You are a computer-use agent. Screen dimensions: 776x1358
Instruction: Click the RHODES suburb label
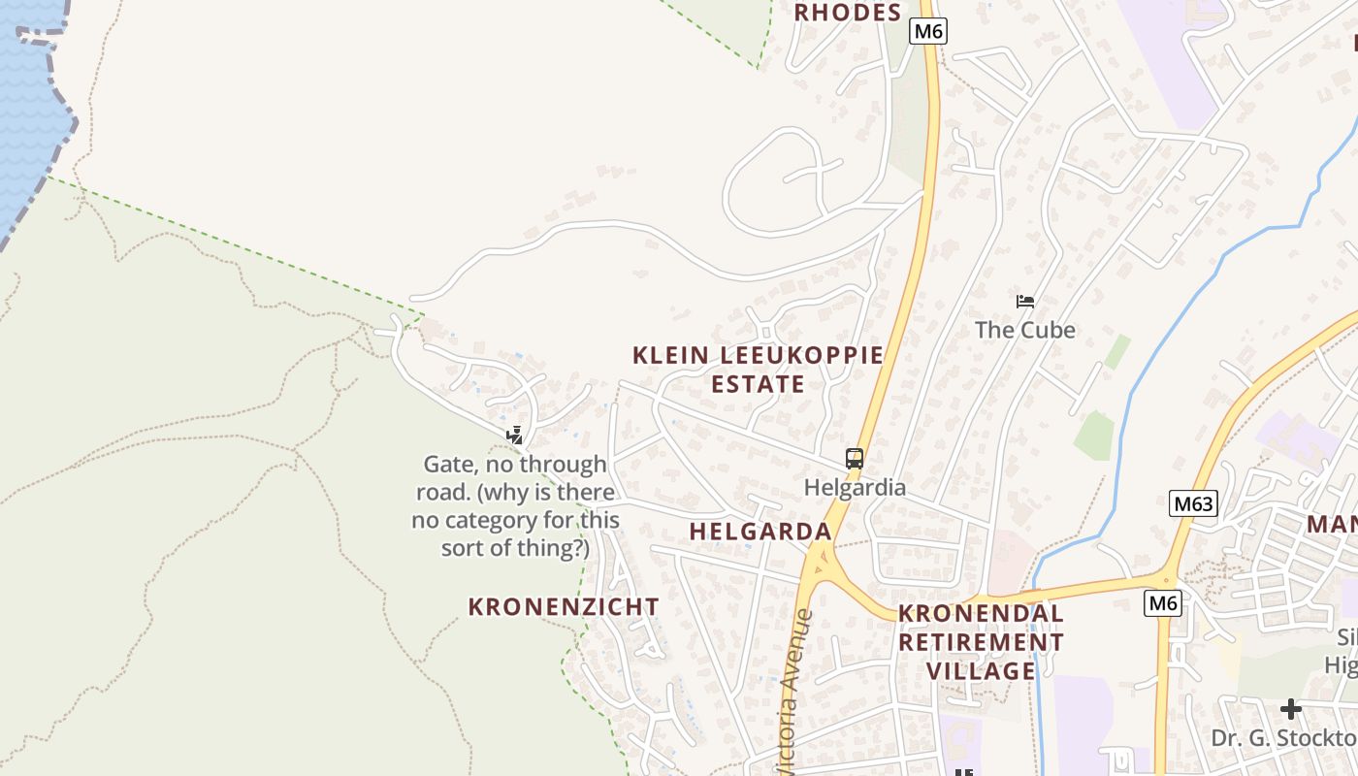point(848,13)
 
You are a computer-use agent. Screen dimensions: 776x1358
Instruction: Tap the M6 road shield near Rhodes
point(927,31)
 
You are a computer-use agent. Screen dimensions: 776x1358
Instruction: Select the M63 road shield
point(1192,503)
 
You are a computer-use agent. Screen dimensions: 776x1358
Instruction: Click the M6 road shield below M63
point(1162,603)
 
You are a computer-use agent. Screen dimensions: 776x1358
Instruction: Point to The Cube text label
point(1024,330)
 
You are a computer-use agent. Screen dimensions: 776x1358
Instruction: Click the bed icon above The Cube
point(1024,302)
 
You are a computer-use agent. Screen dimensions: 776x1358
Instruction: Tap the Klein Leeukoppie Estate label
point(758,370)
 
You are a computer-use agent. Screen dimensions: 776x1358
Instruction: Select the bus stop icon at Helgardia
point(854,459)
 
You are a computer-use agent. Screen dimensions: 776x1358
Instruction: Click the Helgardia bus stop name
point(855,487)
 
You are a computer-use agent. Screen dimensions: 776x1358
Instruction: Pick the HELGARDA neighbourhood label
point(760,532)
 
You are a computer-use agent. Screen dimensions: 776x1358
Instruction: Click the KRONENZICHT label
point(564,607)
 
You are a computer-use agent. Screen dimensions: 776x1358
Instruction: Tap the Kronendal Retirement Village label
point(981,642)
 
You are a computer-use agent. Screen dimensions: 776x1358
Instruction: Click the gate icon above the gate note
point(515,436)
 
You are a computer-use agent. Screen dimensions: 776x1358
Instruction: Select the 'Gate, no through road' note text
point(515,505)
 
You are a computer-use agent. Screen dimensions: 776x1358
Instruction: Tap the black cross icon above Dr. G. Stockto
point(1290,709)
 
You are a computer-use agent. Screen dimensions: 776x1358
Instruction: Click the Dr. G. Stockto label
point(1283,737)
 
